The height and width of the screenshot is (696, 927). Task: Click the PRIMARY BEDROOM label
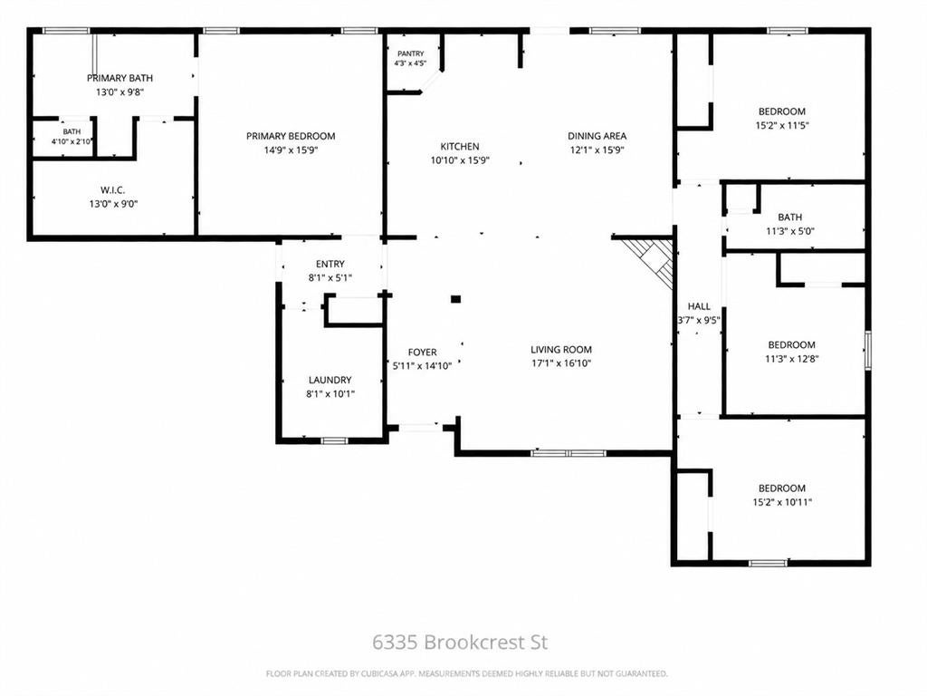pyautogui.click(x=291, y=136)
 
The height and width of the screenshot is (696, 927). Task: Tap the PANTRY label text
pyautogui.click(x=410, y=53)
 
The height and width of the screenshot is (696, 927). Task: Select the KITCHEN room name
pyautogui.click(x=460, y=146)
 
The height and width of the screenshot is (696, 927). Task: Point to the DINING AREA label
pyautogui.click(x=597, y=136)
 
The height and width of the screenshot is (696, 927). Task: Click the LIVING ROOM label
pyautogui.click(x=561, y=349)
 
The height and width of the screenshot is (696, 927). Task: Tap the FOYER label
pyautogui.click(x=422, y=353)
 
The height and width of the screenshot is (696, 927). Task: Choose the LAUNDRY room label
pyautogui.click(x=330, y=380)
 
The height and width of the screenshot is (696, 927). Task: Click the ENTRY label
pyautogui.click(x=330, y=264)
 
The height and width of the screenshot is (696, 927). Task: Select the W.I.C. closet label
pyautogui.click(x=112, y=190)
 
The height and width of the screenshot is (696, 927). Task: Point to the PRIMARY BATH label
pyautogui.click(x=120, y=78)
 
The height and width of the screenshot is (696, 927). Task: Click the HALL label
pyautogui.click(x=699, y=306)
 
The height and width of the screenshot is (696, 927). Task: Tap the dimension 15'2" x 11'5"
pyautogui.click(x=782, y=125)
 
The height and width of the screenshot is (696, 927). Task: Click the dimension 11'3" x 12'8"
pyautogui.click(x=791, y=359)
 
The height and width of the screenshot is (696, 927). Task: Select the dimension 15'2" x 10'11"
pyautogui.click(x=782, y=502)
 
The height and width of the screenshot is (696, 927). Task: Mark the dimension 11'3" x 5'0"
pyautogui.click(x=789, y=231)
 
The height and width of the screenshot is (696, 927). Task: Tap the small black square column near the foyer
pyautogui.click(x=456, y=299)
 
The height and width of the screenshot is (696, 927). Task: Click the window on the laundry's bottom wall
pyautogui.click(x=333, y=440)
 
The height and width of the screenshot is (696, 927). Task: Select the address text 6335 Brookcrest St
pyautogui.click(x=460, y=643)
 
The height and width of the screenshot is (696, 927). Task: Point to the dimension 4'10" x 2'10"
pyautogui.click(x=72, y=141)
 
